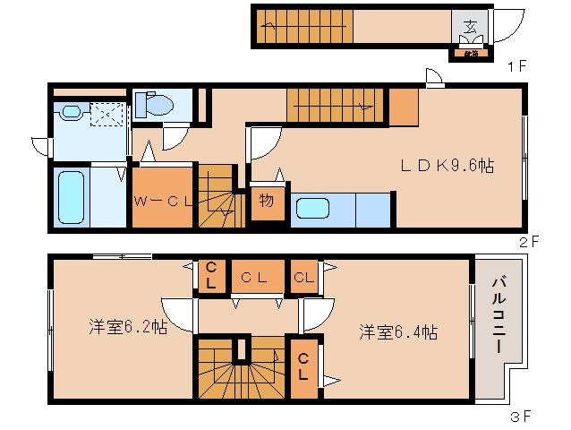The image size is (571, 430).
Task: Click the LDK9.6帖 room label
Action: click(x=447, y=166)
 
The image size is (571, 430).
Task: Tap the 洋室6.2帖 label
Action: click(x=127, y=328)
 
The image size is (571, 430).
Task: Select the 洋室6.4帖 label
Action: click(x=398, y=331)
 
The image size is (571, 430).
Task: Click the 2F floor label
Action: click(x=527, y=241)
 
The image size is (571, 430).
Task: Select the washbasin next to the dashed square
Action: click(x=68, y=112)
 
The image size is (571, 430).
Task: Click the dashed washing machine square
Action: click(x=107, y=113)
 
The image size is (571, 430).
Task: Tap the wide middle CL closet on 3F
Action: click(x=254, y=277)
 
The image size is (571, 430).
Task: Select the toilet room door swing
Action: click(x=174, y=135)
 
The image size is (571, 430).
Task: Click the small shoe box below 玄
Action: click(x=470, y=53)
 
